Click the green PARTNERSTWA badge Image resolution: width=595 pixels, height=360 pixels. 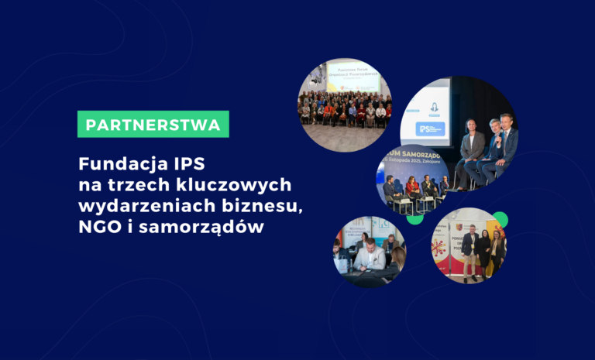153,124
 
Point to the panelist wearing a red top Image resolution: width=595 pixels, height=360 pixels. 412,188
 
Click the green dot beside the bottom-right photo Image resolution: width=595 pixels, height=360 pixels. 499,220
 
